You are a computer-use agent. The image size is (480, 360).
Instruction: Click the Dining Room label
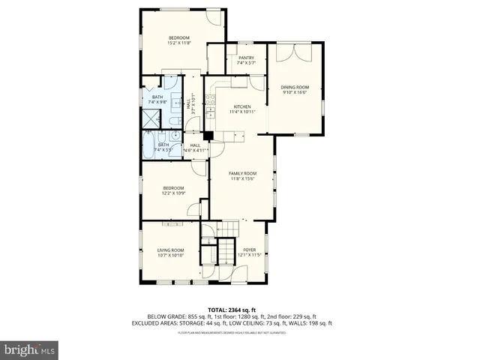[x=295, y=91]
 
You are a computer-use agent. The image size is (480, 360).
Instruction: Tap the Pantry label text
[x=246, y=60]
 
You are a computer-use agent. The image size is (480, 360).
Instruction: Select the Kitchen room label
[x=242, y=109]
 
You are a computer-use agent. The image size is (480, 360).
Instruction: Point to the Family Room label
[x=244, y=176]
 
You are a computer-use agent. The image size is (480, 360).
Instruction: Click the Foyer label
[x=249, y=253]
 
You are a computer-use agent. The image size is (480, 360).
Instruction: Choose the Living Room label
[x=170, y=253]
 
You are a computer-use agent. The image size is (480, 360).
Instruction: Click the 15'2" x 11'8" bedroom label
[x=178, y=40]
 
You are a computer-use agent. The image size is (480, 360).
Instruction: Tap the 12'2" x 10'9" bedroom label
[x=174, y=190]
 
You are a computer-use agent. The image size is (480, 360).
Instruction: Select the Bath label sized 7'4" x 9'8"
[x=157, y=100]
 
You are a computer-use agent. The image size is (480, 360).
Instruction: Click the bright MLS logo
[x=30, y=349]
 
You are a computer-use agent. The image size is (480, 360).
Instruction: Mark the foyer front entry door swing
[x=221, y=274]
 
